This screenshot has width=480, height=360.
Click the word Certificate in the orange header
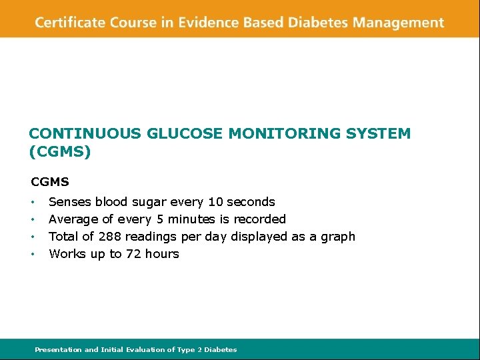pos(67,23)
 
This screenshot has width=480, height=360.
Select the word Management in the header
pos(398,23)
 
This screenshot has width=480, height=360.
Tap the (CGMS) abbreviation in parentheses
pos(60,152)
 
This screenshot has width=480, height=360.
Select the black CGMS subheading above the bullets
pos(50,181)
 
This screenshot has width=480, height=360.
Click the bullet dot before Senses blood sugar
pos(33,202)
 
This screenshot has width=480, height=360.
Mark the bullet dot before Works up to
pos(33,254)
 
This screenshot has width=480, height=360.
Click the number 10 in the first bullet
pos(216,201)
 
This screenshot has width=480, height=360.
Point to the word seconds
pos(251,201)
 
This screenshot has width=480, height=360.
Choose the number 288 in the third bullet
pos(110,236)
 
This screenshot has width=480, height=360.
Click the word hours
pos(163,253)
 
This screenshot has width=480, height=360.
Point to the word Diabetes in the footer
pos(220,349)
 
